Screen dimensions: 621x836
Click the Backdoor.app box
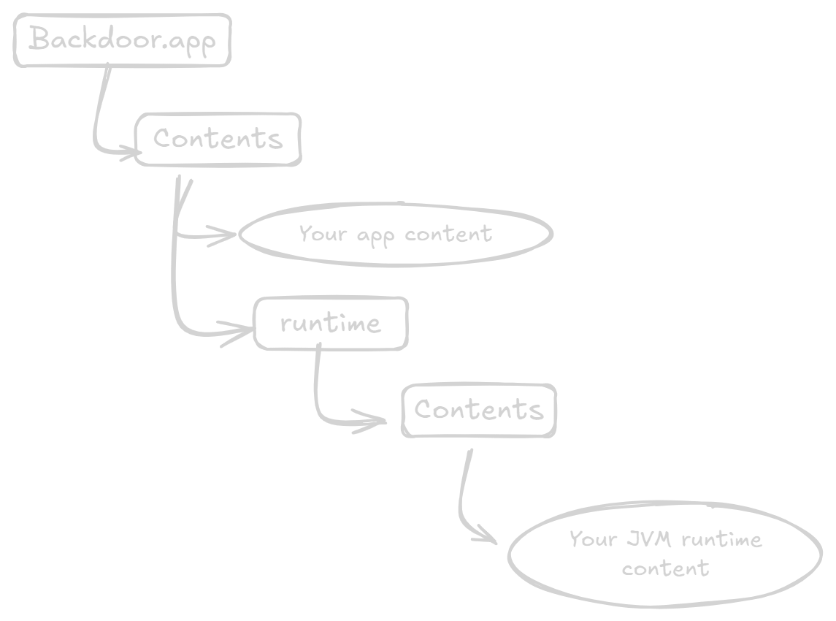122,40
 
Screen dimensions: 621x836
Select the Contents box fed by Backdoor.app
218,139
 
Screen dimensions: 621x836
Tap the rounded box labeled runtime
330,323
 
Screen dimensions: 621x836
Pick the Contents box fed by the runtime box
479,410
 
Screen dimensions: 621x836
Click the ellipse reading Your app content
395,235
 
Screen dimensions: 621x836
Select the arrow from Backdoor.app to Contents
99,117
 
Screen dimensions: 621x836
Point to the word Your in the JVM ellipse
593,539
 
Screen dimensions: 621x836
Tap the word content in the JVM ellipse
665,568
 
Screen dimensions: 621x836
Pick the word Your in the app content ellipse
322,235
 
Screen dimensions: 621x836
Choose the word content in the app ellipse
448,234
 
